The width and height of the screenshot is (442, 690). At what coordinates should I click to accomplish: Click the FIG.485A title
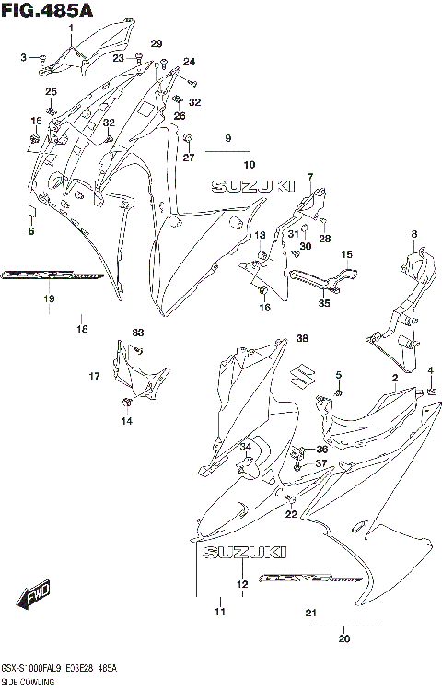[x=41, y=10]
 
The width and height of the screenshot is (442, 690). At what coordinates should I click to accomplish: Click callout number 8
[x=414, y=233]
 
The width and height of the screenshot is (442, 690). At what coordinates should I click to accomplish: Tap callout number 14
[x=127, y=421]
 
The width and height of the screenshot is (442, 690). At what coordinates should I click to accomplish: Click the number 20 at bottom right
[x=344, y=638]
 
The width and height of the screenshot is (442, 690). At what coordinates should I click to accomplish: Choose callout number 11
[x=219, y=612]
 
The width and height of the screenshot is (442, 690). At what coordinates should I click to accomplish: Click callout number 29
[x=156, y=44]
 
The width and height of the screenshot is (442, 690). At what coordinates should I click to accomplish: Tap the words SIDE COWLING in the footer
[x=29, y=682]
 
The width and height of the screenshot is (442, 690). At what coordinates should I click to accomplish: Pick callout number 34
[x=245, y=447]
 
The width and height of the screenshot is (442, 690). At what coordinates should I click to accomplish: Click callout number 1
[x=70, y=28]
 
